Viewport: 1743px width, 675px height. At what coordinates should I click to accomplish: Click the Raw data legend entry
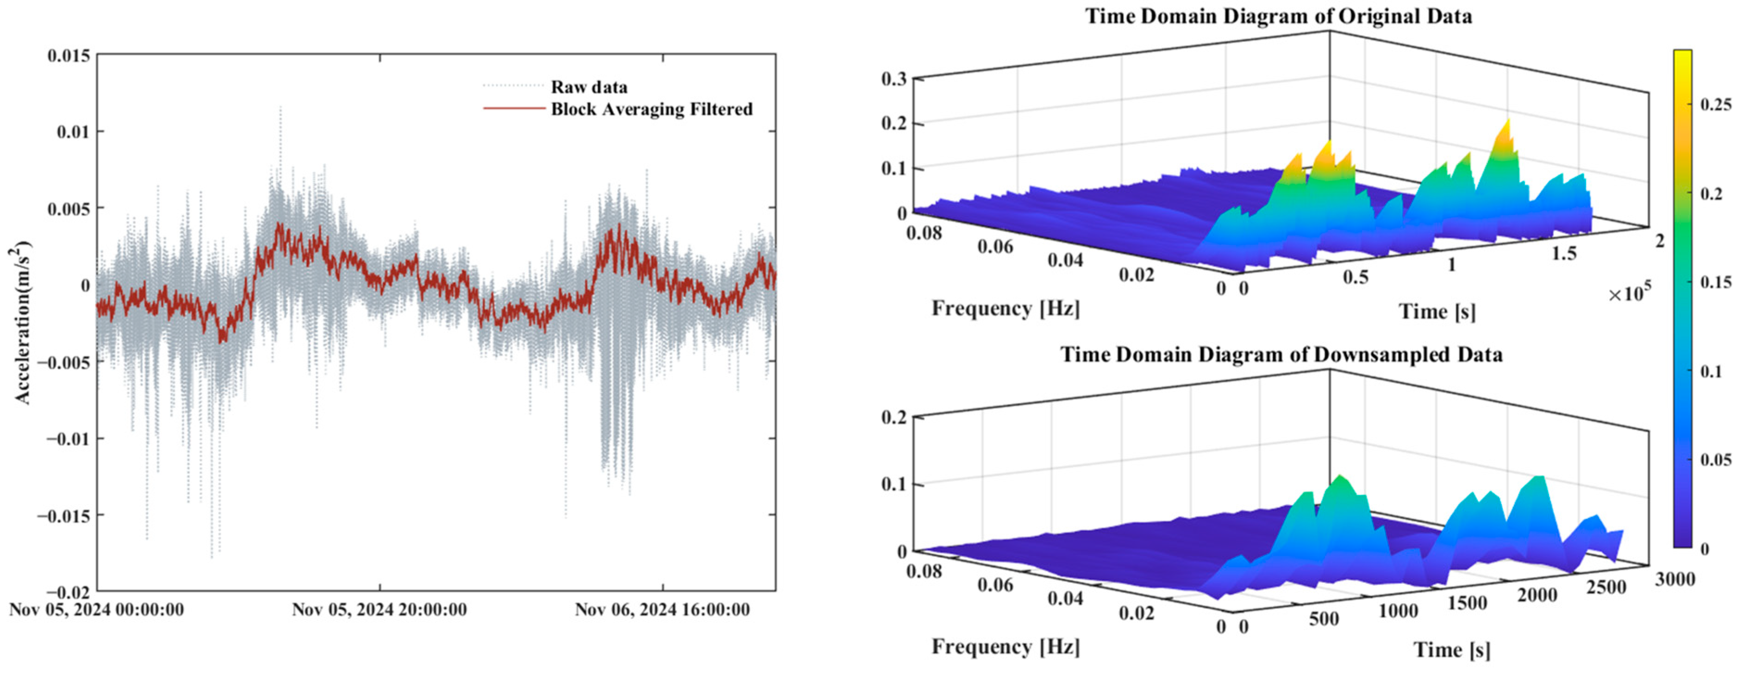589,87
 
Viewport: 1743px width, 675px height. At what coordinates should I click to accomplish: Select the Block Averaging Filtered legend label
651,109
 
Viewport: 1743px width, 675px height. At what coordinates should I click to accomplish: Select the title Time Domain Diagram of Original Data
1278,16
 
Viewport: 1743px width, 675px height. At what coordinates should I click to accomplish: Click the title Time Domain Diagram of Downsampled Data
1281,355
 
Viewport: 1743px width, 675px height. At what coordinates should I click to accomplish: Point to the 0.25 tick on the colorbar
1716,104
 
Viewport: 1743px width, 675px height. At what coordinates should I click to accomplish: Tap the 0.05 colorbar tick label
1716,460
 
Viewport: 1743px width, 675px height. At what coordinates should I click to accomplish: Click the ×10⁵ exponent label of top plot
1629,293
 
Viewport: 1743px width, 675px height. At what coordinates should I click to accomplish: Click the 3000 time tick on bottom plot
1674,579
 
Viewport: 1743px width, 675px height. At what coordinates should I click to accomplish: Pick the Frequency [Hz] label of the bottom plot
1006,647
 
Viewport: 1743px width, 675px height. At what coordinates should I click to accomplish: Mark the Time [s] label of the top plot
1437,312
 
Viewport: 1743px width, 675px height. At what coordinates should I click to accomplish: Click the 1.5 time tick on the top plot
1563,254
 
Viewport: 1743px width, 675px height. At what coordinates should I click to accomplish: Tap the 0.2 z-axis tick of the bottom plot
894,417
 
